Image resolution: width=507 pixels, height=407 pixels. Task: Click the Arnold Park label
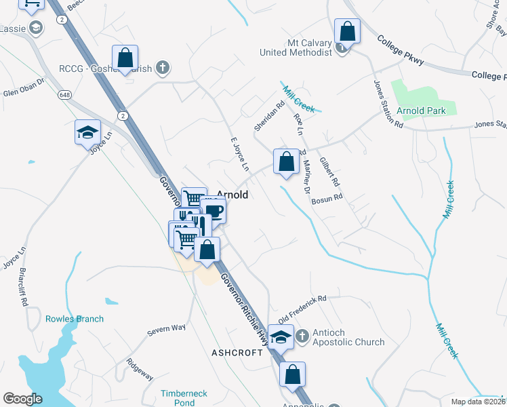coord(421,111)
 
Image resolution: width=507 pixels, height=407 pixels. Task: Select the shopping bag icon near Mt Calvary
coord(347,31)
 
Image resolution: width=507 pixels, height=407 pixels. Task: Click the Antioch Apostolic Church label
coord(348,338)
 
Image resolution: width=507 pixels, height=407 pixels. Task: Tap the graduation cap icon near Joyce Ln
coord(87,132)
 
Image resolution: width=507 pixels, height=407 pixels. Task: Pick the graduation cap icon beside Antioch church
coord(280,335)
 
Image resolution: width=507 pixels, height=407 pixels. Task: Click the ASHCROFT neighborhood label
coord(236,353)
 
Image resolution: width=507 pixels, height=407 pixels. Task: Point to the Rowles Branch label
coord(75,319)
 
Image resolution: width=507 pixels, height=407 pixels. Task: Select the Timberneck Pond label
coord(178,398)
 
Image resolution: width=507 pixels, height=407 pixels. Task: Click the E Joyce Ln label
coord(241,154)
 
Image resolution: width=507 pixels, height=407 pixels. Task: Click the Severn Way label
coord(167,330)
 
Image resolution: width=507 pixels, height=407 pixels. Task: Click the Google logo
coord(22,399)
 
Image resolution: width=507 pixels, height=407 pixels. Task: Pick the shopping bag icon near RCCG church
coord(125,58)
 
